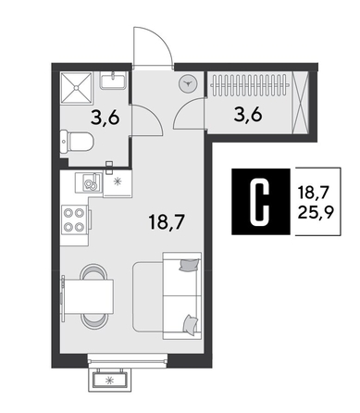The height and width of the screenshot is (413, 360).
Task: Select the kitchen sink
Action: pos(90,182)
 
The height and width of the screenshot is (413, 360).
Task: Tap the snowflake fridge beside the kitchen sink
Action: pos(117,181)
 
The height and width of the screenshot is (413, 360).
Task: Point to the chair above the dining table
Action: pos(92,271)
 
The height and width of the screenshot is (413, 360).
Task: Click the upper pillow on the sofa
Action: pos(189,267)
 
